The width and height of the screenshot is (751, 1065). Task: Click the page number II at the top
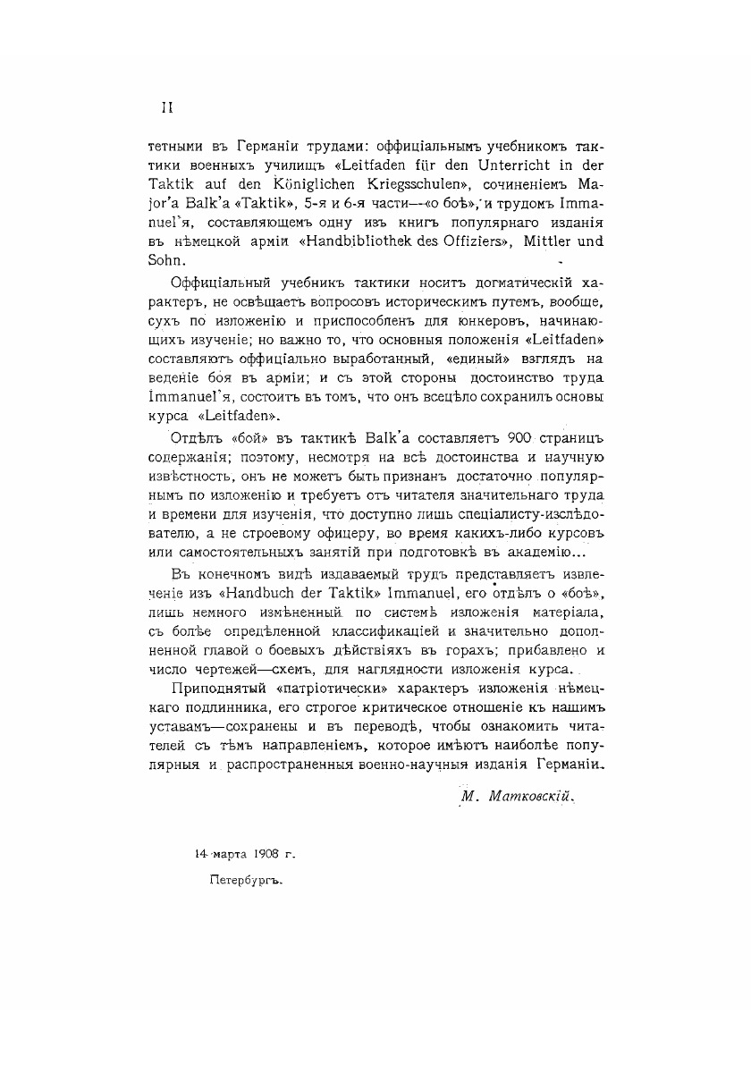tap(166, 107)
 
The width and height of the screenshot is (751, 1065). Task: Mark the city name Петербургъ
tap(245, 880)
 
